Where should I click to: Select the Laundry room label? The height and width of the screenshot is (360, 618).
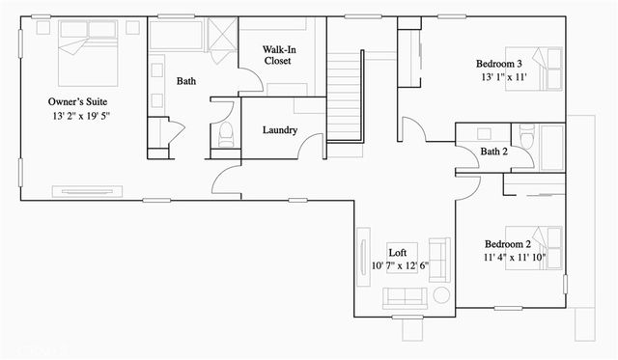pyautogui.click(x=279, y=130)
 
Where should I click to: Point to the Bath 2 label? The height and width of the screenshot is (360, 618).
pyautogui.click(x=493, y=152)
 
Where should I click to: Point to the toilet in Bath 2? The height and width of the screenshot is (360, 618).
pyautogui.click(x=526, y=138)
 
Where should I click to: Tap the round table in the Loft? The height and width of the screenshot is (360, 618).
pyautogui.click(x=440, y=296)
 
